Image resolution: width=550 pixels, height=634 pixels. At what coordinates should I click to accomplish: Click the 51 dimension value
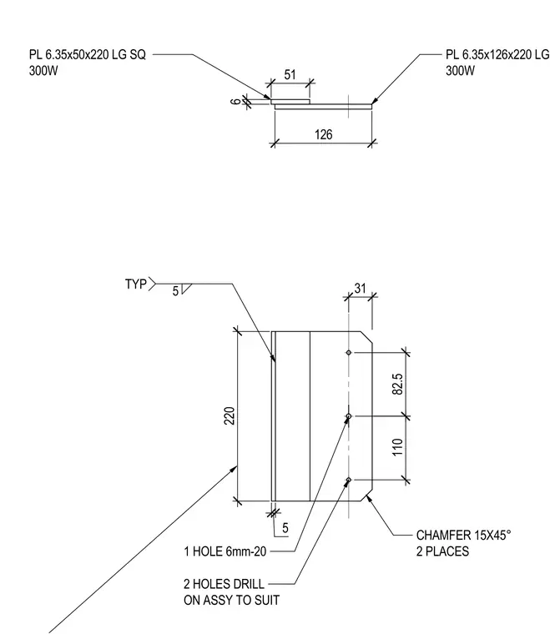pyautogui.click(x=290, y=75)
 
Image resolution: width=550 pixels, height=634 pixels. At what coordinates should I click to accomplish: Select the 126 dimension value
pyautogui.click(x=324, y=134)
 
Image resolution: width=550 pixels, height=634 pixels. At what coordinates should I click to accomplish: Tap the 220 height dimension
pyautogui.click(x=230, y=415)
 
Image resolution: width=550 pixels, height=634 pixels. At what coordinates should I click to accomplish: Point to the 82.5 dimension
pyautogui.click(x=397, y=384)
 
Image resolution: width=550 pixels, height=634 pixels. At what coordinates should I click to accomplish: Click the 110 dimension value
pyautogui.click(x=397, y=447)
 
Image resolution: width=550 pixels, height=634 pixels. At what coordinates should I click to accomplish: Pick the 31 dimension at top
pyautogui.click(x=360, y=289)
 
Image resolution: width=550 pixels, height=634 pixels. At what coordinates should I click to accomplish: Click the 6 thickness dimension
pyautogui.click(x=235, y=101)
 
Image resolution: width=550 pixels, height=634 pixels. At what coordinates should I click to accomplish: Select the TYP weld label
pyautogui.click(x=136, y=284)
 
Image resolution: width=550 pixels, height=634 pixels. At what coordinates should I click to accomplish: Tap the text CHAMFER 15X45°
pyautogui.click(x=464, y=536)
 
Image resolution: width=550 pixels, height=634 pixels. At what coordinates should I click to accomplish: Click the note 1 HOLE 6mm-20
pyautogui.click(x=225, y=551)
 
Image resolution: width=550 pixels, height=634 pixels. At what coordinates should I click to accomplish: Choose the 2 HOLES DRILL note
pyautogui.click(x=224, y=584)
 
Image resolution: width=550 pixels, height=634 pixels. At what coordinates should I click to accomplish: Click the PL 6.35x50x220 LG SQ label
pyautogui.click(x=88, y=54)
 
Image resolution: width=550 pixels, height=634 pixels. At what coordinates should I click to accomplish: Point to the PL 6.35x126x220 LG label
pyautogui.click(x=497, y=54)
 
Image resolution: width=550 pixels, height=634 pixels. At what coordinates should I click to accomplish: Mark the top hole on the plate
pyautogui.click(x=349, y=353)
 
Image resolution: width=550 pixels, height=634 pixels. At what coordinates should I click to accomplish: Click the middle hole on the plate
pyautogui.click(x=349, y=416)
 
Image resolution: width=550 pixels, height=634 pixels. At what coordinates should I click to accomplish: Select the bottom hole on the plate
pyautogui.click(x=349, y=480)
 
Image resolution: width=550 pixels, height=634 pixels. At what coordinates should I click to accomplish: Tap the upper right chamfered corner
pyautogui.click(x=366, y=337)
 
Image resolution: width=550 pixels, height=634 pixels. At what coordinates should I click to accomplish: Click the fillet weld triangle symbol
pyautogui.click(x=186, y=289)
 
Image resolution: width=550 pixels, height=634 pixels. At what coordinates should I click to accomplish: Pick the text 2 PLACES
pyautogui.click(x=443, y=551)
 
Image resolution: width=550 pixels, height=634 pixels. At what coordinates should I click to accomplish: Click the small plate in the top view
pyautogui.click(x=290, y=102)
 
